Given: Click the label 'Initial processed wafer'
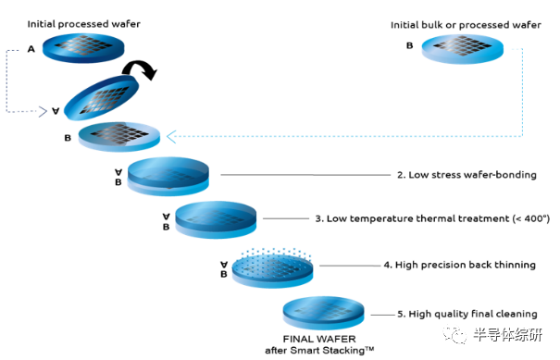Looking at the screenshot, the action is click(x=84, y=24).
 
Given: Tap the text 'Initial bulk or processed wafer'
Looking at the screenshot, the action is click(x=466, y=25).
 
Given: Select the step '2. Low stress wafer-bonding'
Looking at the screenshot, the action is click(x=467, y=175).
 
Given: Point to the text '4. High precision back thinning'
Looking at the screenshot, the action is click(x=460, y=265).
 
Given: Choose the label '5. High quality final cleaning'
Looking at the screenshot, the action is click(x=467, y=314).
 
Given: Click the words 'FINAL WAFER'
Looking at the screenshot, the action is click(x=319, y=339).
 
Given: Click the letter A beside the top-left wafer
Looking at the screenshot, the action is click(x=31, y=49).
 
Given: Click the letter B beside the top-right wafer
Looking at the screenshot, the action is click(x=410, y=45).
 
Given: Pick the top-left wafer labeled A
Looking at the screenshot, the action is click(x=83, y=48).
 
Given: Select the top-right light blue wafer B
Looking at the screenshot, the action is click(x=463, y=49).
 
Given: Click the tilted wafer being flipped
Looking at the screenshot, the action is click(x=102, y=98).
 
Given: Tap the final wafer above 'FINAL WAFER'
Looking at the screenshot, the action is click(x=324, y=313).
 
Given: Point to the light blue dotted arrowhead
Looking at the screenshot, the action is click(x=171, y=137).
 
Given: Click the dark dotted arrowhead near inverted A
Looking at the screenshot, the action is click(x=43, y=112).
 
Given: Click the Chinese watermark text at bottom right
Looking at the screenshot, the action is click(x=508, y=335).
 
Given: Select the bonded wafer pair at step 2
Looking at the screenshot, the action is click(x=168, y=177).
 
